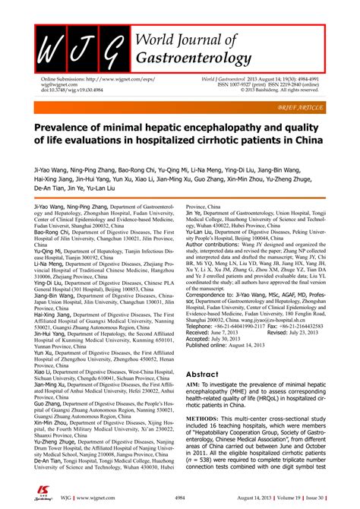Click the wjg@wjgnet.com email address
60,85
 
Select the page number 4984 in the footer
180,501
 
